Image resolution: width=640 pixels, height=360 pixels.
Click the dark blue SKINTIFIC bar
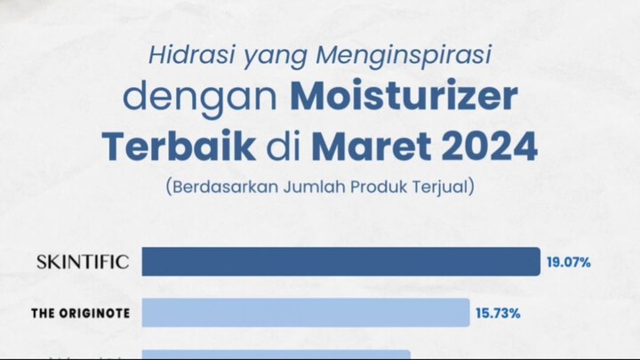tap(340, 261)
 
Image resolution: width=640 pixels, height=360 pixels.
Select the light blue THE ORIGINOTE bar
tap(305, 313)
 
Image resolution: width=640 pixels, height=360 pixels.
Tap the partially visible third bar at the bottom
tap(276, 355)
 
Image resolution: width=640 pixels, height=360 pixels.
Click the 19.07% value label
tap(570, 262)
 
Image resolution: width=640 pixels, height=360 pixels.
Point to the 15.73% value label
tap(499, 314)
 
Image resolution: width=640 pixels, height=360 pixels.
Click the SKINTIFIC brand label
tap(83, 262)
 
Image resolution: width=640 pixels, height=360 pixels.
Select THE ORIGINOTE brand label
tap(79, 314)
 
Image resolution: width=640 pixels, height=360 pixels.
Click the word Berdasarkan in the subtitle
tap(220, 187)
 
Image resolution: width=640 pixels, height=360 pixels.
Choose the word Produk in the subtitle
tap(373, 187)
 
